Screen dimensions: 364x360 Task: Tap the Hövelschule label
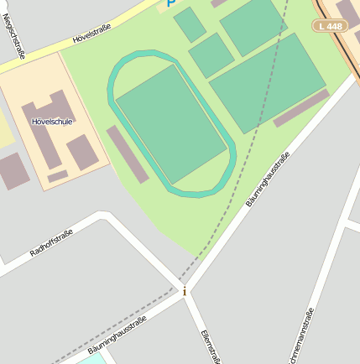[x=51, y=122]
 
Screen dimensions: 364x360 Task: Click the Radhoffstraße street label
[x=51, y=241]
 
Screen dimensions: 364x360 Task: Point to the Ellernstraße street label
[x=211, y=346]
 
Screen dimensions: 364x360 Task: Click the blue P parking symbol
[x=172, y=3]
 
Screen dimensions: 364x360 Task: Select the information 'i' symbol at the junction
[x=185, y=291]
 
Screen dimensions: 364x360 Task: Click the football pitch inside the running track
[x=171, y=123]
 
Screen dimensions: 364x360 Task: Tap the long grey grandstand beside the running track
[x=128, y=154]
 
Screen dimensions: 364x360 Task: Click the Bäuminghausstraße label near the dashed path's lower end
[x=117, y=335]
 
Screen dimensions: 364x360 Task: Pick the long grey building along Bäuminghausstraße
[x=300, y=108]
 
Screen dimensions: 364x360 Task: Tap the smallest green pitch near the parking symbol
[x=190, y=24]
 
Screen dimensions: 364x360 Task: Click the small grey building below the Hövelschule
[x=58, y=176]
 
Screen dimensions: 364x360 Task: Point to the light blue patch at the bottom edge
[x=94, y=359]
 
